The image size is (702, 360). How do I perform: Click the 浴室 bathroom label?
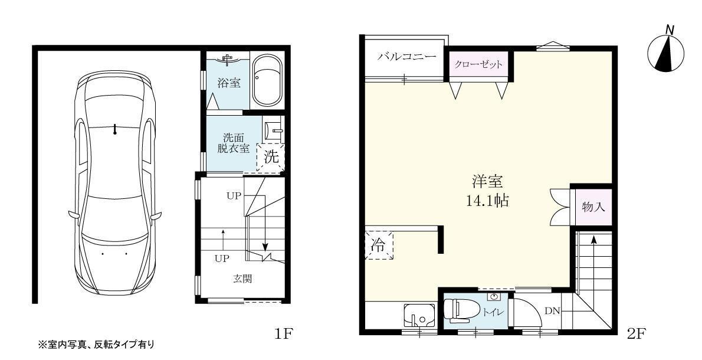pos(229,83)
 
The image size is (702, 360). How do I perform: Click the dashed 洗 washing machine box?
pos(270,158)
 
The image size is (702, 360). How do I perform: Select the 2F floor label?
pos(637,335)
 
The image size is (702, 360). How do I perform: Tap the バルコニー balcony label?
pos(406,57)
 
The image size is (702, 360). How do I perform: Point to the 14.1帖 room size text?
pos(487,200)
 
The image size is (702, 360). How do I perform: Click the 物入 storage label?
pos(593,207)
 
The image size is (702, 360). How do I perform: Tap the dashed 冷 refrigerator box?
pos(378,246)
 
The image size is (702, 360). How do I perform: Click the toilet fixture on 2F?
pos(460,310)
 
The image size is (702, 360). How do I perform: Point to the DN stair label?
pos(552,311)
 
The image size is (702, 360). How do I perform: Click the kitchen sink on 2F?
pos(419,316)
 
